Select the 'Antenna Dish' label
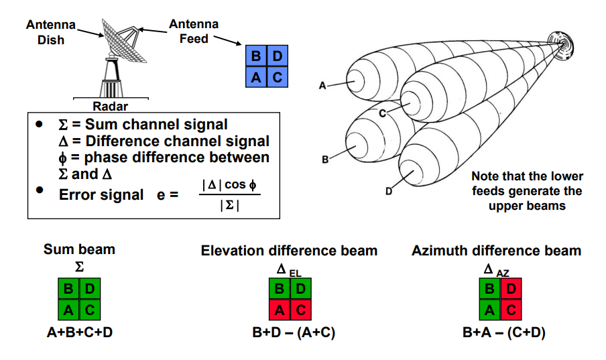click(50, 32)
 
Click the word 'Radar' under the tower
click(110, 106)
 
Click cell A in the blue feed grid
click(256, 77)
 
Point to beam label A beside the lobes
click(322, 86)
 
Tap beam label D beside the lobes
click(388, 192)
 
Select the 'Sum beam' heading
click(79, 249)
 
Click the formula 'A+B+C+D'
click(79, 332)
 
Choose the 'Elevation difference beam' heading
click(289, 251)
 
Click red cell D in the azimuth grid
click(511, 290)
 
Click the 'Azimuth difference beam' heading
click(497, 251)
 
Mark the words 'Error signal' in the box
click(101, 195)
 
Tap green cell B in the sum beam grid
click(68, 290)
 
